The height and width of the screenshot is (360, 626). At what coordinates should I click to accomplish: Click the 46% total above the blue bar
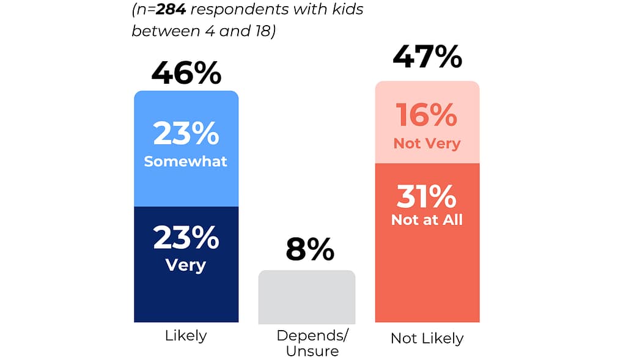coord(186,73)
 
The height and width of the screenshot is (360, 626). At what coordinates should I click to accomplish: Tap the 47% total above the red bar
coord(427,57)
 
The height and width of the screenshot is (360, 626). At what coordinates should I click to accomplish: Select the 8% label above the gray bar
coord(309,250)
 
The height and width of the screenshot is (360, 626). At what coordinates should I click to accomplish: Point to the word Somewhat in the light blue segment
coord(185,161)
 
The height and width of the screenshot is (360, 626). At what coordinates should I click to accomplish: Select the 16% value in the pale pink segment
coord(427,116)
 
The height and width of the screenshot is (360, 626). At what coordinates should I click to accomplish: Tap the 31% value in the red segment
coord(427,197)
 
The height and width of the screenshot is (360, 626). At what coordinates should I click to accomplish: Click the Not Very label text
coord(427,144)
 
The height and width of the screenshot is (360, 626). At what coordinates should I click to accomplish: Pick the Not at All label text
coord(427,220)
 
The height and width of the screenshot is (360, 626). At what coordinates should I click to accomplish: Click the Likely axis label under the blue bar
coord(186,336)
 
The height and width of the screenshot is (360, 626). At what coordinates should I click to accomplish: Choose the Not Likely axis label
coord(427,338)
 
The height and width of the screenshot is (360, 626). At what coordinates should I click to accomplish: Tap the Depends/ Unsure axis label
coord(307,343)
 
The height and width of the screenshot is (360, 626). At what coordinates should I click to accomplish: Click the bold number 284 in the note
coord(169,10)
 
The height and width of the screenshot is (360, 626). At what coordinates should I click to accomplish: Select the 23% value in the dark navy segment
coord(186,238)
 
